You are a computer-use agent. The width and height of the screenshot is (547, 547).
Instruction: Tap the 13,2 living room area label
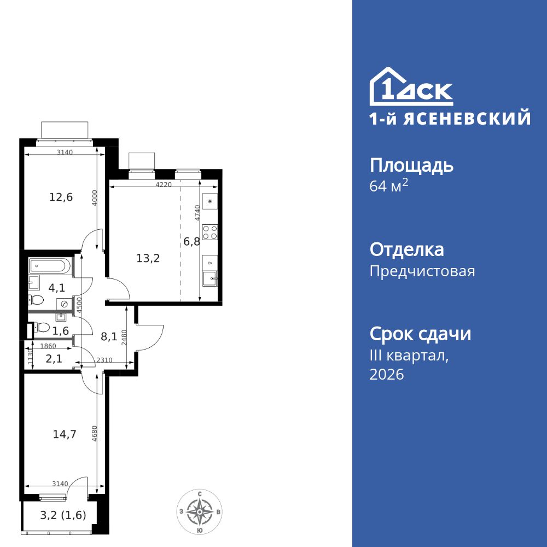148,258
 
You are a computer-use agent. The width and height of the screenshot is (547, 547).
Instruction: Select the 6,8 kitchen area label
192,241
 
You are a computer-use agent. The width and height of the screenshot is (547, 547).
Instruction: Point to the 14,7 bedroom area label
64,435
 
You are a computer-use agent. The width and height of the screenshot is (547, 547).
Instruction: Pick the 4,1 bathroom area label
57,287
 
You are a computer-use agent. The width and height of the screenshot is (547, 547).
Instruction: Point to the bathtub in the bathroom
49,266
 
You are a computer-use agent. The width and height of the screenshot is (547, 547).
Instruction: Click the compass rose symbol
201,513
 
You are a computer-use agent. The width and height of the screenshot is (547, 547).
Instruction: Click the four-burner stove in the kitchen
210,232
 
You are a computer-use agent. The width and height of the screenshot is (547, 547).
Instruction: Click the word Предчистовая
422,271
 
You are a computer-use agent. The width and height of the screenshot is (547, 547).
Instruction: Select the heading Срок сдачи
420,333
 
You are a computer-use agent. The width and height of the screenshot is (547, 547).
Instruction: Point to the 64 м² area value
389,186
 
